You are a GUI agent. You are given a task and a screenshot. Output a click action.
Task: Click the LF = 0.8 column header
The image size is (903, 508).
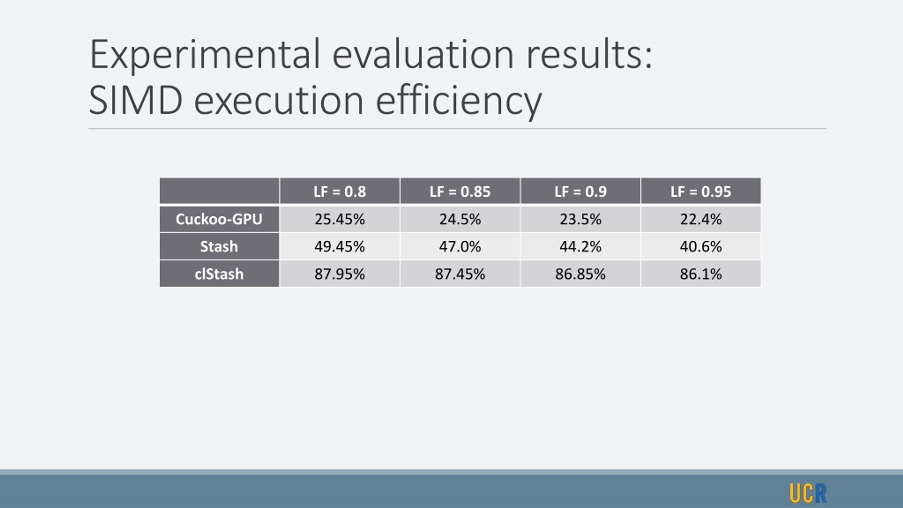click(340, 191)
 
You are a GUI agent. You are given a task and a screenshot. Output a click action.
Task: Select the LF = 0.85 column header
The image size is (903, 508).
click(460, 191)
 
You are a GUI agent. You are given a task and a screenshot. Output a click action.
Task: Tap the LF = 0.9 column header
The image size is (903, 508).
click(580, 191)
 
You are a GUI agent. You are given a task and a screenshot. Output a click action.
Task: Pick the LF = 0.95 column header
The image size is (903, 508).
click(701, 191)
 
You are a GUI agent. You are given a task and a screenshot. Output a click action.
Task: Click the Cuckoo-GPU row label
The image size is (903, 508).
click(219, 219)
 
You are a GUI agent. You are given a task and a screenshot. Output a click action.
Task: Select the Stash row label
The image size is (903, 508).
click(219, 246)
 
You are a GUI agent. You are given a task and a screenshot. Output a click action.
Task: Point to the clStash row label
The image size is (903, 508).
click(219, 274)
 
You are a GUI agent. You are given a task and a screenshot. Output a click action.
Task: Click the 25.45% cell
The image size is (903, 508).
click(340, 219)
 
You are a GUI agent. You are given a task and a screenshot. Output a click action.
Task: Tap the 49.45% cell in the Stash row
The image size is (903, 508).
click(340, 246)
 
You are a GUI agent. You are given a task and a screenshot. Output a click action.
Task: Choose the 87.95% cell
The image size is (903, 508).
click(340, 274)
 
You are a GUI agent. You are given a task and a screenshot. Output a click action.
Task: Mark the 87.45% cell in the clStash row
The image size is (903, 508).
click(460, 274)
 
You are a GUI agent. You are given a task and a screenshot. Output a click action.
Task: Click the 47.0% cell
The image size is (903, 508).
click(460, 246)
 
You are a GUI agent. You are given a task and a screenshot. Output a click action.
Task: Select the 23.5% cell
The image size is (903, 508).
click(580, 219)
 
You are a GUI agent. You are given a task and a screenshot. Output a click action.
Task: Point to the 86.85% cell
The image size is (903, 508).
click(580, 274)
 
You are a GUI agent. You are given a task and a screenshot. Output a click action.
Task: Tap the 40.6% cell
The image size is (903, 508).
click(701, 246)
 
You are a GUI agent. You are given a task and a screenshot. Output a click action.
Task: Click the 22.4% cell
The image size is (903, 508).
click(701, 219)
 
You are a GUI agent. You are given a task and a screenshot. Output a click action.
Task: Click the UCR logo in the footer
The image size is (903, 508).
click(808, 493)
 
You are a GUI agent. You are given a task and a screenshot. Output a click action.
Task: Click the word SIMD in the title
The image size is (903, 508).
click(136, 101)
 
